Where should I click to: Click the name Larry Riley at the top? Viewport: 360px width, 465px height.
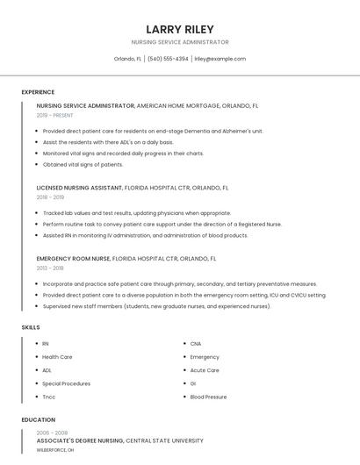pyautogui.click(x=180, y=29)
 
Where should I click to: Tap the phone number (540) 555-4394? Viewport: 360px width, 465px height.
pyautogui.click(x=168, y=59)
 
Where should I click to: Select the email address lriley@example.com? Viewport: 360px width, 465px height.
pyautogui.click(x=220, y=59)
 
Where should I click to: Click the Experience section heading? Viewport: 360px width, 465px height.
pyautogui.click(x=38, y=92)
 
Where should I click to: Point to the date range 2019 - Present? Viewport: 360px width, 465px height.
pyautogui.click(x=55, y=115)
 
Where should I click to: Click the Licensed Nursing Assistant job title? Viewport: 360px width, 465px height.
pyautogui.click(x=79, y=188)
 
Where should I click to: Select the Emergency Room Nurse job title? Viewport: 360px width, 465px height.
pyautogui.click(x=74, y=259)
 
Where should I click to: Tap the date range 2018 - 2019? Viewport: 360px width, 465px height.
pyautogui.click(x=50, y=197)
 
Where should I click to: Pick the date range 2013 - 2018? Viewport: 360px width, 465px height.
pyautogui.click(x=50, y=268)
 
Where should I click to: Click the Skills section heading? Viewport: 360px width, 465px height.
pyautogui.click(x=31, y=327)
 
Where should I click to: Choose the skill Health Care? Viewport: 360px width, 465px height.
pyautogui.click(x=57, y=357)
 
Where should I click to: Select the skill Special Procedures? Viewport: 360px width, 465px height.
pyautogui.click(x=66, y=383)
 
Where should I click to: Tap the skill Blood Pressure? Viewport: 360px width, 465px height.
pyautogui.click(x=208, y=397)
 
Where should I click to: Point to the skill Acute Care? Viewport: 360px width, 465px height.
pyautogui.click(x=205, y=370)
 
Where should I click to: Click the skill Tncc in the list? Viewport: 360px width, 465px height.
pyautogui.click(x=49, y=397)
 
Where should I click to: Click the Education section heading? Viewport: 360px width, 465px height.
pyautogui.click(x=39, y=420)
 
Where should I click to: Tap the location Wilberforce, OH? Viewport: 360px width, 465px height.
pyautogui.click(x=55, y=449)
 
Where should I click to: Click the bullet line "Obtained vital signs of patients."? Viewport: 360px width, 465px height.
pyautogui.click(x=83, y=164)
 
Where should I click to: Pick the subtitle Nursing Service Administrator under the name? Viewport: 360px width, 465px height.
pyautogui.click(x=180, y=42)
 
